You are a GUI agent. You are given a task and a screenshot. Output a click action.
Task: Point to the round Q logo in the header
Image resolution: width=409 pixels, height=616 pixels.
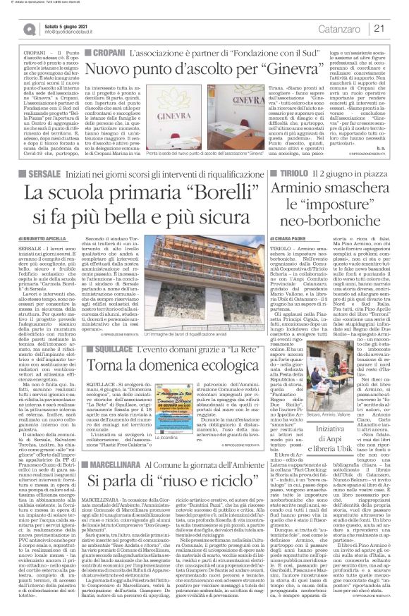pos(26,28)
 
